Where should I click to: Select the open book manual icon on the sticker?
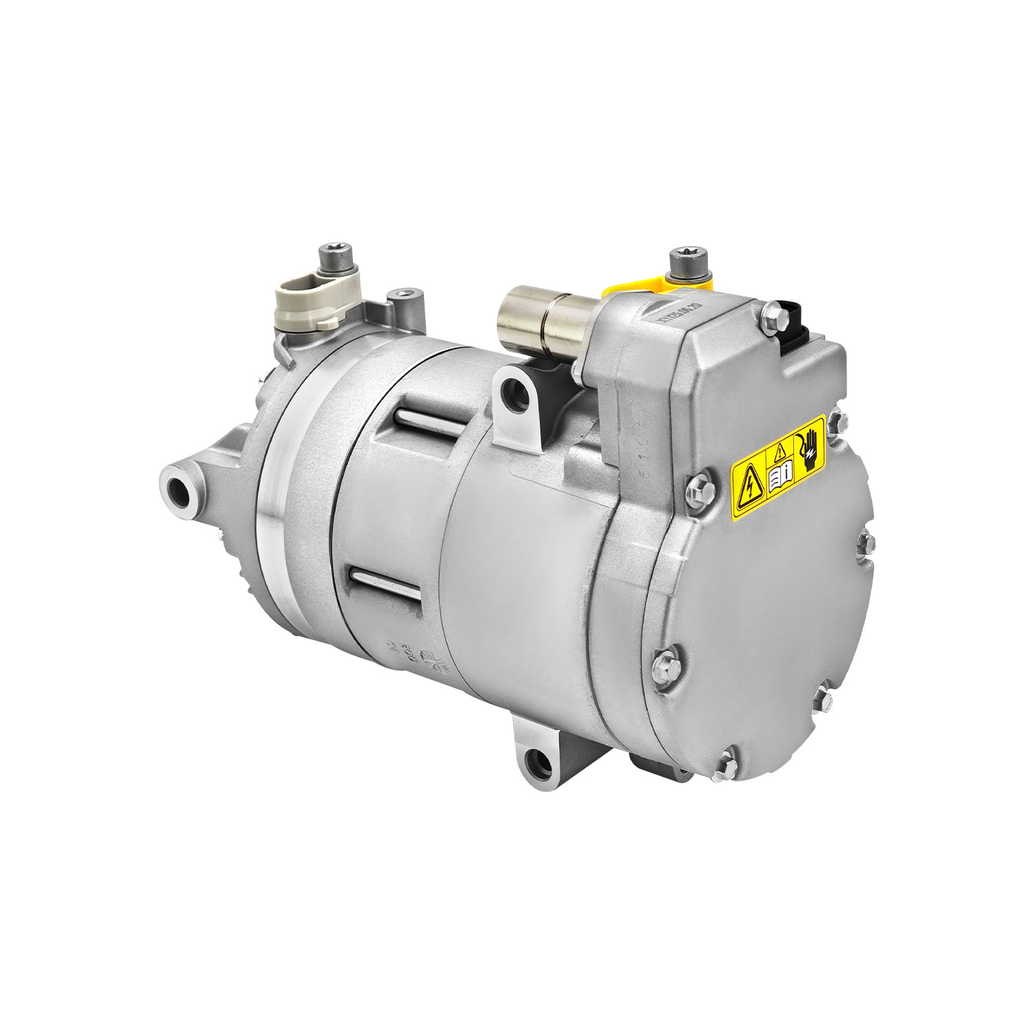coord(782,476)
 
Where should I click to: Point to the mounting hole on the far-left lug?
coord(176,490)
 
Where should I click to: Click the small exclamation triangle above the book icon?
coord(779,452)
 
